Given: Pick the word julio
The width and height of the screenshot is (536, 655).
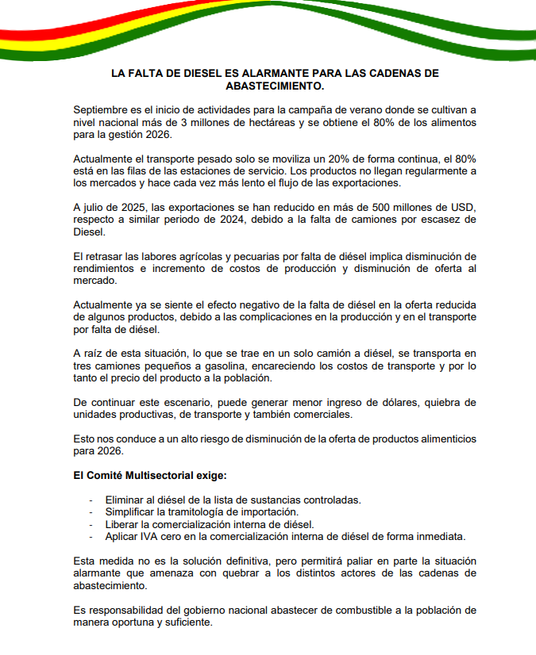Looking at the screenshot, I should pyautogui.click(x=98, y=207).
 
